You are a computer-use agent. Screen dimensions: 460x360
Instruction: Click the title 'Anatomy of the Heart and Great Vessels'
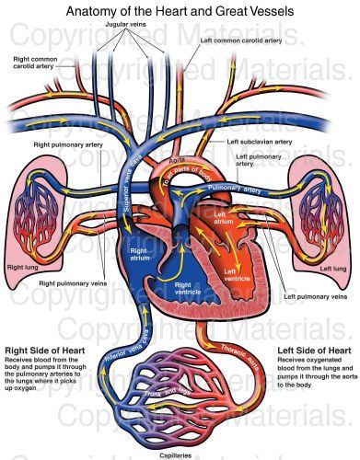click(x=180, y=11)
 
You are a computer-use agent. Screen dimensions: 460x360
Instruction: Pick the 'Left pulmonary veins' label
click(x=314, y=298)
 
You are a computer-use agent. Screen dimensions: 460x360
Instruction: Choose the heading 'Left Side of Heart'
click(x=314, y=351)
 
